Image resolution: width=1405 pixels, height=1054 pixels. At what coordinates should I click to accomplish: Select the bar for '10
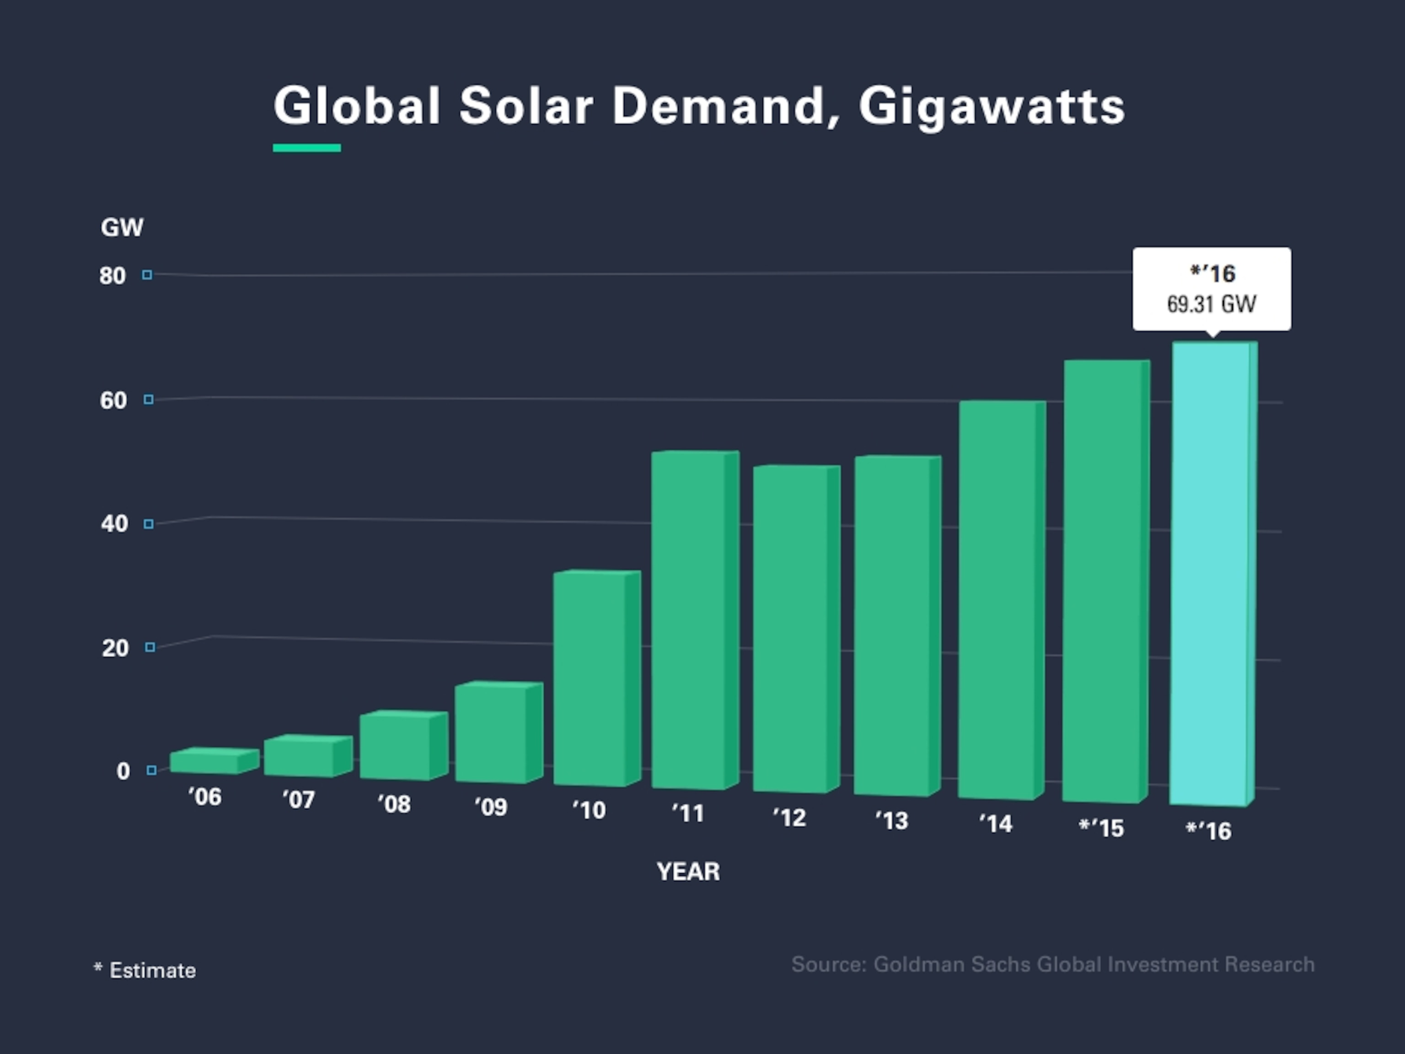click(590, 678)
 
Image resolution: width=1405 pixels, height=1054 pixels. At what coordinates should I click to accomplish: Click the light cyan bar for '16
click(1210, 574)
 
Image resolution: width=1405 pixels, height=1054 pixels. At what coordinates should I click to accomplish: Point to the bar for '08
click(395, 747)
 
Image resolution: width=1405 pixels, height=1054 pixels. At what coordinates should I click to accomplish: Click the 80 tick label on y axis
click(113, 276)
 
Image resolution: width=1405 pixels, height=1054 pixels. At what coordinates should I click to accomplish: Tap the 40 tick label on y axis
click(114, 524)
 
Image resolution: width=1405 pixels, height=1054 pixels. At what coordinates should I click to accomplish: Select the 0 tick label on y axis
click(123, 771)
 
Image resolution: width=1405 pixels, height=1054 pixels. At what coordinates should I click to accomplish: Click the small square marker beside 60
click(149, 400)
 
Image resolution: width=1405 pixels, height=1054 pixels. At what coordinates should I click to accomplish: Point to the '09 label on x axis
click(491, 807)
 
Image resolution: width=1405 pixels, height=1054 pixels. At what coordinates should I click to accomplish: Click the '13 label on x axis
click(892, 821)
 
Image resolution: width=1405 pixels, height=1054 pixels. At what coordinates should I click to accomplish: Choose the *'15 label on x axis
click(1101, 828)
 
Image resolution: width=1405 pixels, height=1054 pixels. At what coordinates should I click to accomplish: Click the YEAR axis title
click(688, 871)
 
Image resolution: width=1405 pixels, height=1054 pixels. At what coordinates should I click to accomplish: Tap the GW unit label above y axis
click(122, 227)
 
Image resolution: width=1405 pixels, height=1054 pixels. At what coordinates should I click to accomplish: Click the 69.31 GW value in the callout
click(1211, 304)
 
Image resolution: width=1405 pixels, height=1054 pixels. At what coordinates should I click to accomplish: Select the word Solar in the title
click(526, 106)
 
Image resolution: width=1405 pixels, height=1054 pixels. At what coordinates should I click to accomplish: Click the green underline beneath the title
click(307, 148)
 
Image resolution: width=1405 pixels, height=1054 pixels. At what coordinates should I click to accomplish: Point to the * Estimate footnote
click(145, 970)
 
